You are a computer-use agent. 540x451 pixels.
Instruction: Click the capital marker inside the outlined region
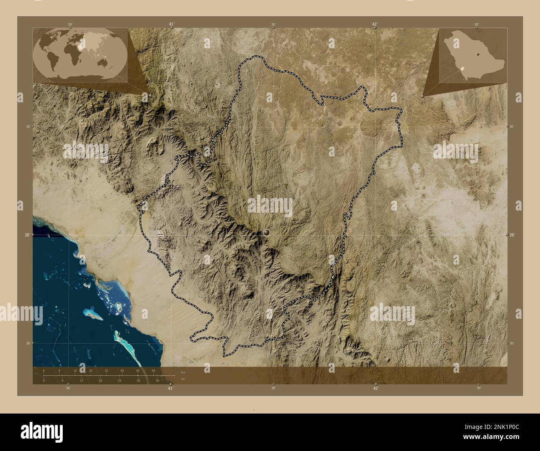click(266, 233)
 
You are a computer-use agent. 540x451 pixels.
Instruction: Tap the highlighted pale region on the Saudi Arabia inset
click(462, 67)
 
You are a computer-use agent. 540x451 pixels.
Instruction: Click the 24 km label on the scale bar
click(91, 370)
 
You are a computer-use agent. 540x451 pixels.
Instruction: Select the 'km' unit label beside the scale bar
click(183, 372)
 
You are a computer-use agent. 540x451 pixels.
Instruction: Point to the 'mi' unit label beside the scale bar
click(183, 379)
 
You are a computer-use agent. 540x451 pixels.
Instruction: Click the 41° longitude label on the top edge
click(171, 25)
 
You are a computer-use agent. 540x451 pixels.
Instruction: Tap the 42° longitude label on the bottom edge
click(376, 388)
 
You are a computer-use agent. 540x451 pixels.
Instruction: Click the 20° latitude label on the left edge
click(27, 235)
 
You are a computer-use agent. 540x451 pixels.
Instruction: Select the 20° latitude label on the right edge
click(513, 235)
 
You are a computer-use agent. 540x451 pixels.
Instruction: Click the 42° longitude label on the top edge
click(375, 25)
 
